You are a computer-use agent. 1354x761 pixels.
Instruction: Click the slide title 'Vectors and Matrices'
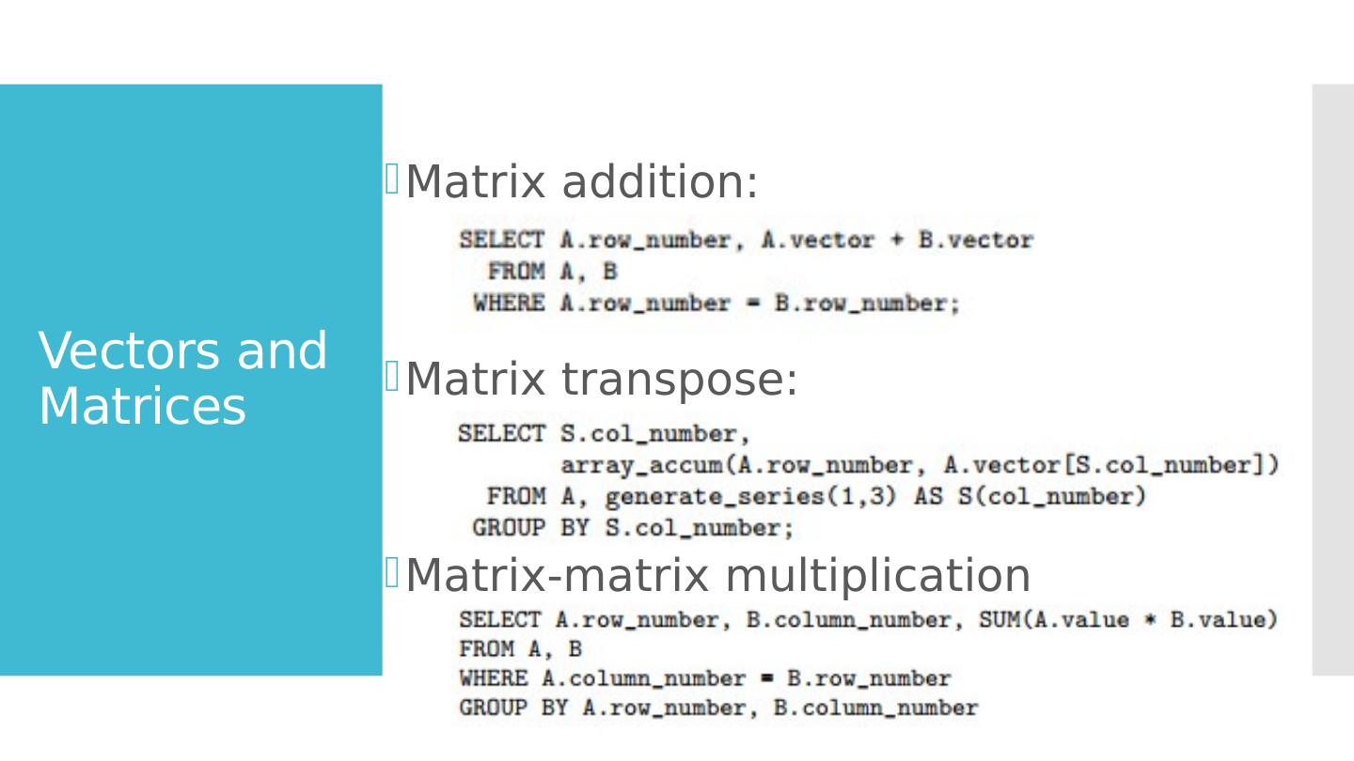coord(183,379)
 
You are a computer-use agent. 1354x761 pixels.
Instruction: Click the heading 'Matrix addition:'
coord(581,182)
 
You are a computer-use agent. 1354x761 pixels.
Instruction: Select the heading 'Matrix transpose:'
coord(601,380)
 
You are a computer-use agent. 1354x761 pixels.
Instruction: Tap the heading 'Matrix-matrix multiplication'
coord(717,576)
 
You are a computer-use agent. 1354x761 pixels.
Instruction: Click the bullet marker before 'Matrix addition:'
coord(393,178)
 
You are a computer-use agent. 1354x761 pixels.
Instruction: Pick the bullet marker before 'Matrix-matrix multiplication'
coord(393,571)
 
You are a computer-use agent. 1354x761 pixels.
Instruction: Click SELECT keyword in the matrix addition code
coord(501,241)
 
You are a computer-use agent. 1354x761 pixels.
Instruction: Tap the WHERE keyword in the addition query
coord(508,303)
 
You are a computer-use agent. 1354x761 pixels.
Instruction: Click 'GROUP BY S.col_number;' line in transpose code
coord(633,528)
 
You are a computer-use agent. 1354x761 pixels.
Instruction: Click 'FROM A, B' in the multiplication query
coord(520,649)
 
